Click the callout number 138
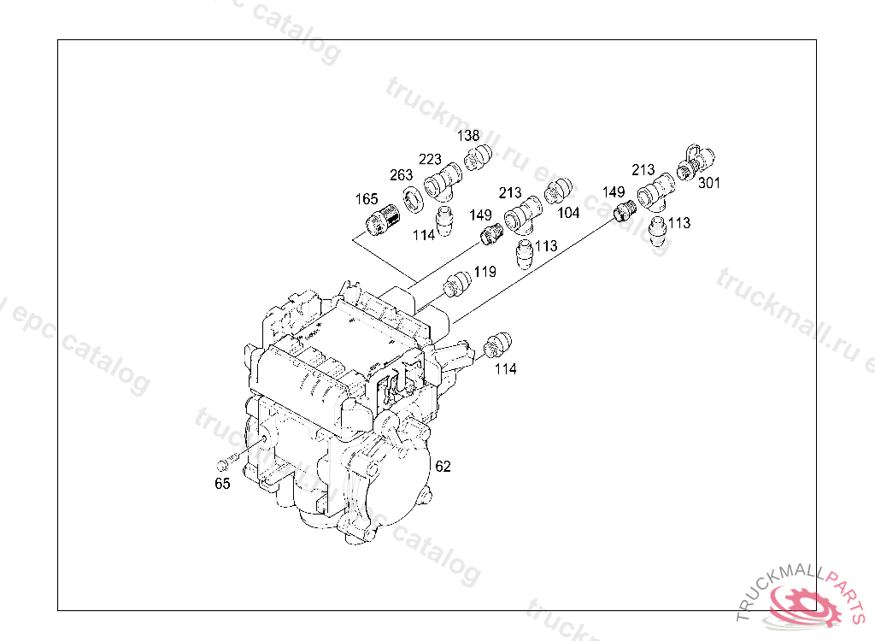tap(468, 136)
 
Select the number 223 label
tap(430, 160)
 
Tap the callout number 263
tap(401, 175)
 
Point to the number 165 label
tap(367, 199)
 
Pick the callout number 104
tap(568, 213)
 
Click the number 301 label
tap(708, 183)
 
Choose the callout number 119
tap(485, 272)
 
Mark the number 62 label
tap(443, 467)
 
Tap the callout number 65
tap(222, 484)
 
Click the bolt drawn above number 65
tap(227, 463)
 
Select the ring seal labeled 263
tap(414, 200)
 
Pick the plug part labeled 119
tap(457, 285)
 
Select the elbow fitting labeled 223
tap(442, 182)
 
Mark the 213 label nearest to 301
tap(643, 170)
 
